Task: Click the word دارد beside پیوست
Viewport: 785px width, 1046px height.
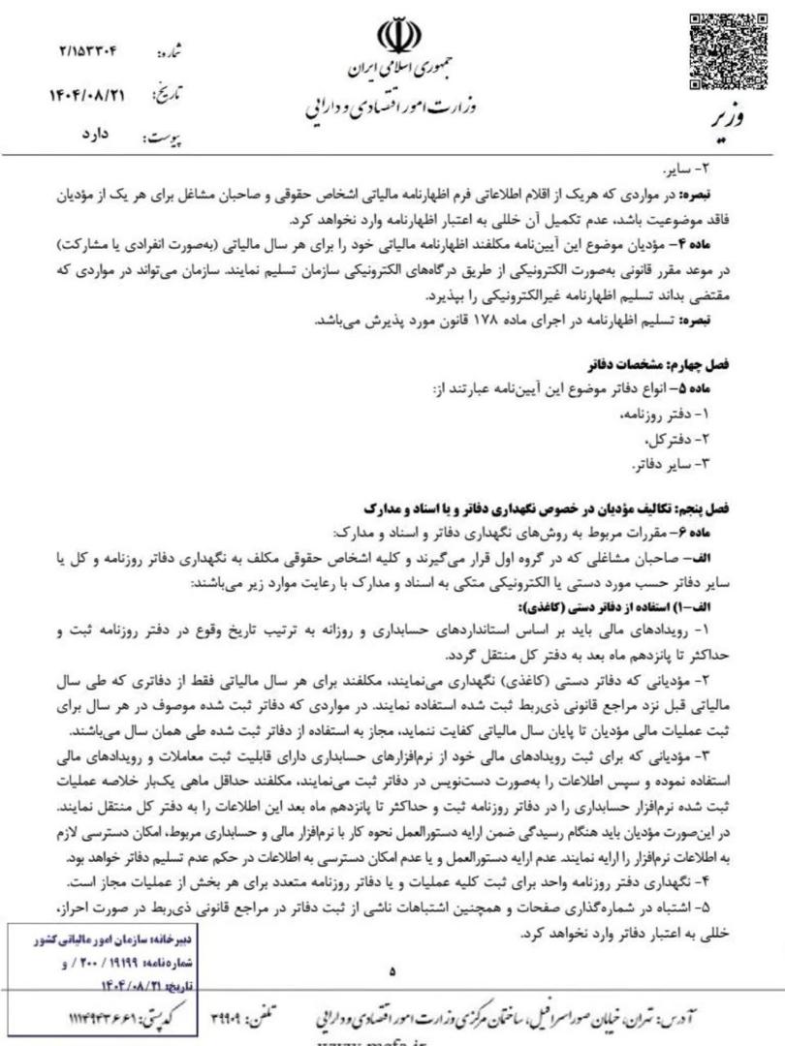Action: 94,137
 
